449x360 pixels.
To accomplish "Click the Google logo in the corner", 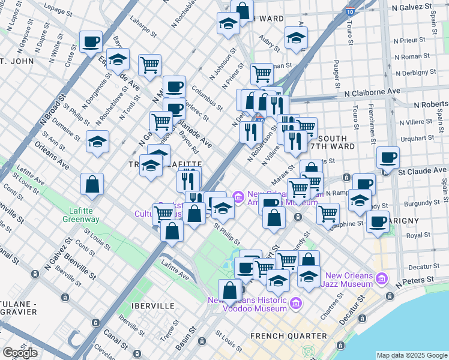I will (x=20, y=352).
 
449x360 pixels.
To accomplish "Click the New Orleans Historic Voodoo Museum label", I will (x=247, y=304).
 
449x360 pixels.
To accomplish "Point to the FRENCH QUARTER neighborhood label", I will (x=289, y=335).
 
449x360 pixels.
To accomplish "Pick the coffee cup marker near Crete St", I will (x=91, y=42).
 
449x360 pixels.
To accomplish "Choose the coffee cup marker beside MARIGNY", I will (x=378, y=221).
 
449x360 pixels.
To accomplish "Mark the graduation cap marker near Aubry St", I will (x=296, y=38).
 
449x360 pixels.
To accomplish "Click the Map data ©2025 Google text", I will (x=412, y=355).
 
